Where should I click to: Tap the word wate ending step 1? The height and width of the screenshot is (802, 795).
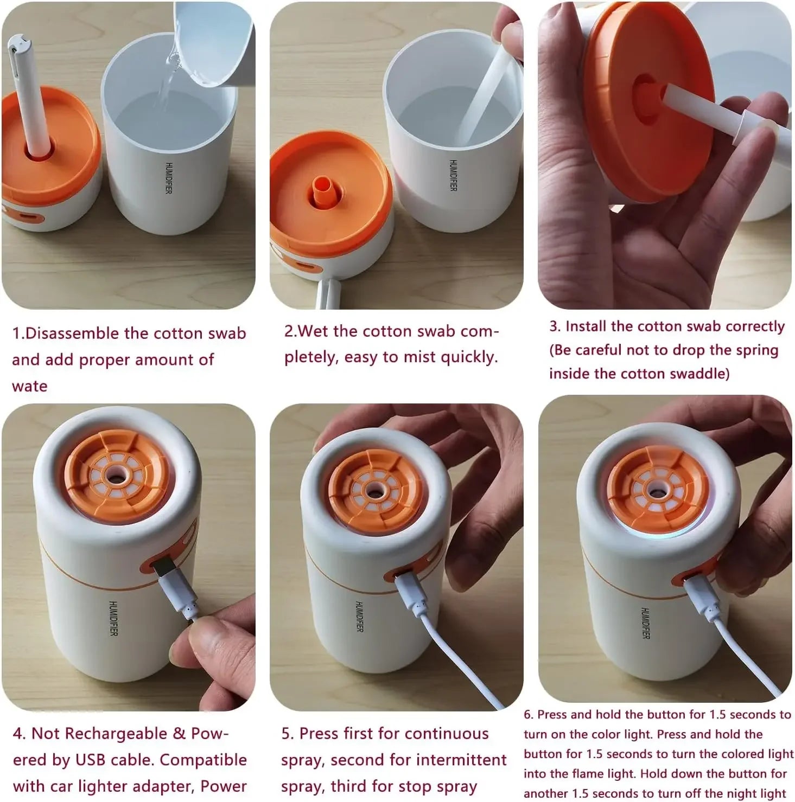[x=29, y=386]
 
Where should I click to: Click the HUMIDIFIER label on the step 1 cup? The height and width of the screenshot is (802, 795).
[x=169, y=178]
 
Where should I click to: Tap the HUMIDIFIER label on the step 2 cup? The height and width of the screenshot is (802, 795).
[x=453, y=175]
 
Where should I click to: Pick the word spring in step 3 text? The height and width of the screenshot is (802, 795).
[x=757, y=350]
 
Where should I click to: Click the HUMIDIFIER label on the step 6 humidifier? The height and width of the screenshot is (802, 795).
[x=645, y=623]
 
